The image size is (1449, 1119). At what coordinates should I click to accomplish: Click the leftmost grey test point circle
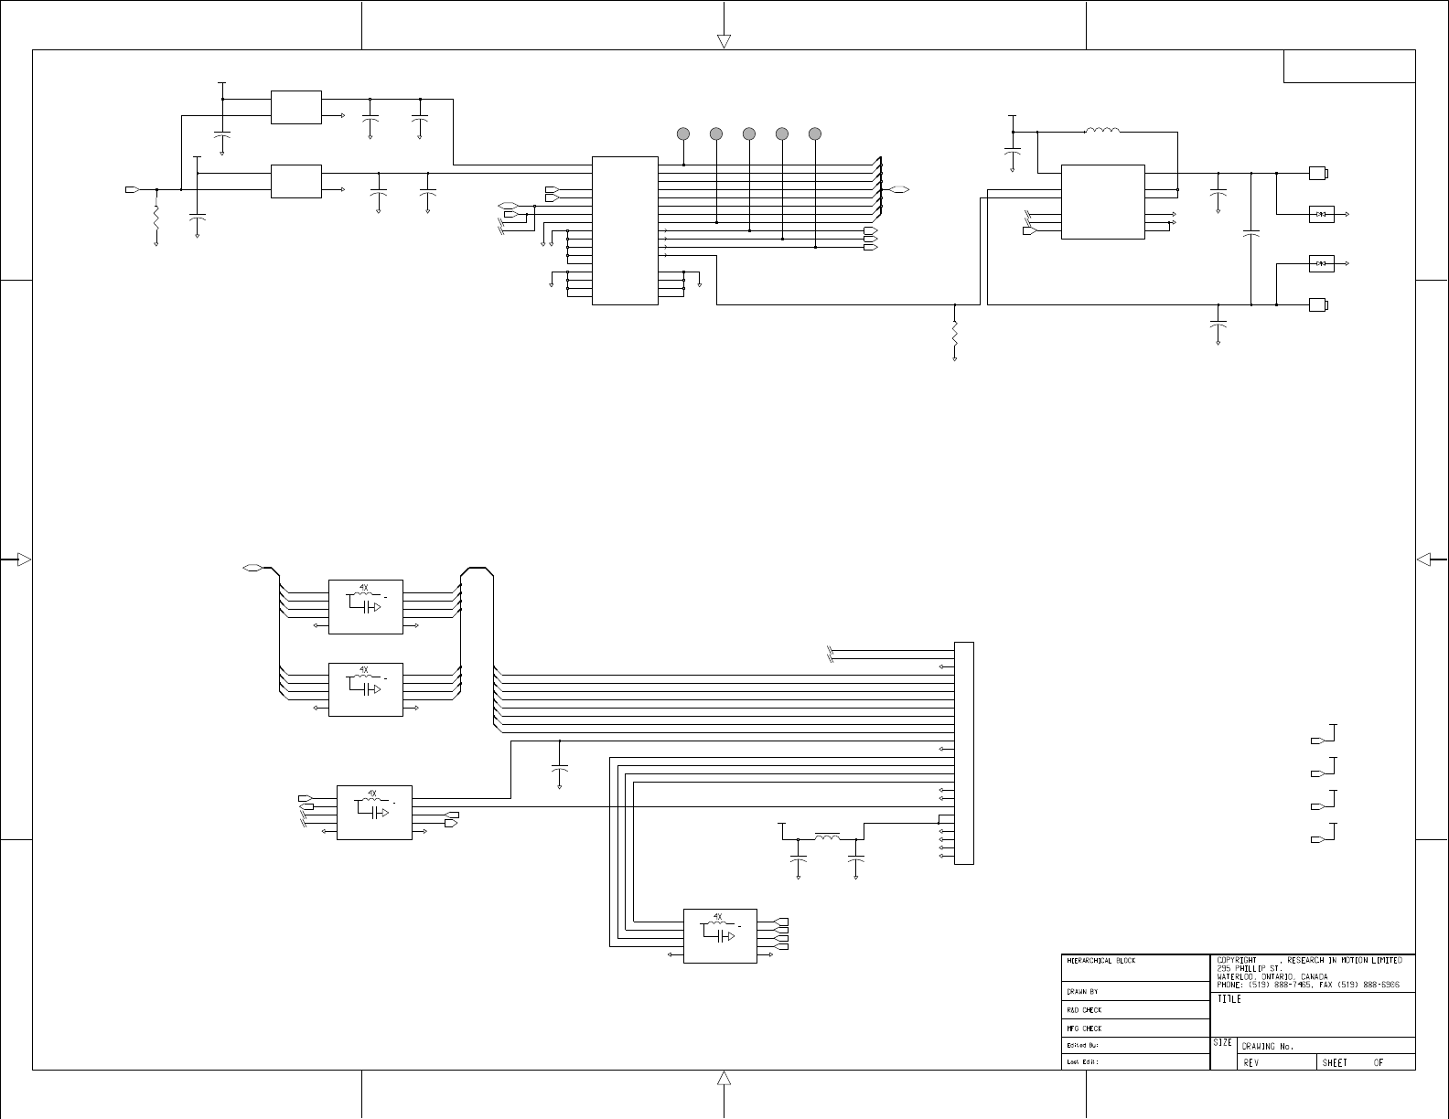683,133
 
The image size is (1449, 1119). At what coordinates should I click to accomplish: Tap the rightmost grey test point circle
815,133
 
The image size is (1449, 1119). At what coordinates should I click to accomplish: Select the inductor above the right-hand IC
1102,132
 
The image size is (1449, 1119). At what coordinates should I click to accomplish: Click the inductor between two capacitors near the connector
827,837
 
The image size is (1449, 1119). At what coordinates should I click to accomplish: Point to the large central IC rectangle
625,230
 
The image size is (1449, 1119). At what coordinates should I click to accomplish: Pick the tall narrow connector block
963,752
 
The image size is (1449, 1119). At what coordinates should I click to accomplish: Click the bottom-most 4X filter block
720,935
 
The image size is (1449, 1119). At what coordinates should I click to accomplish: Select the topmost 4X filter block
365,607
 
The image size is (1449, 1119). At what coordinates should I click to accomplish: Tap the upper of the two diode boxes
1321,214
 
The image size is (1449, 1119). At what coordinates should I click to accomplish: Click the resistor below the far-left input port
156,219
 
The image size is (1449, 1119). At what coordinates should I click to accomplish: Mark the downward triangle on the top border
724,41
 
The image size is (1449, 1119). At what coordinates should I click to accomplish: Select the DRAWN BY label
1082,991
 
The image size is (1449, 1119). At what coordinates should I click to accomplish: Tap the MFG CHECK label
1084,1028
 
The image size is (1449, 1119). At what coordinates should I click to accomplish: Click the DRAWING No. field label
1267,1046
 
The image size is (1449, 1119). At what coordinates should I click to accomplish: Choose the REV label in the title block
1251,1062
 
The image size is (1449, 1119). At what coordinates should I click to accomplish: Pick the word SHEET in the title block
1335,1062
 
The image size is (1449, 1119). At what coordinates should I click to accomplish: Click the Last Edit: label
1082,1062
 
